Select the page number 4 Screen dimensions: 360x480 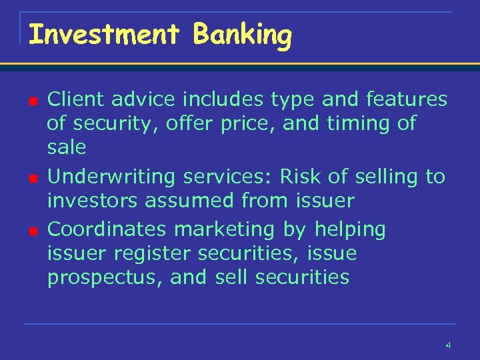pos(448,345)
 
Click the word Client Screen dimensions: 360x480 pos(77,99)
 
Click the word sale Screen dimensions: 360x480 pos(67,146)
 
